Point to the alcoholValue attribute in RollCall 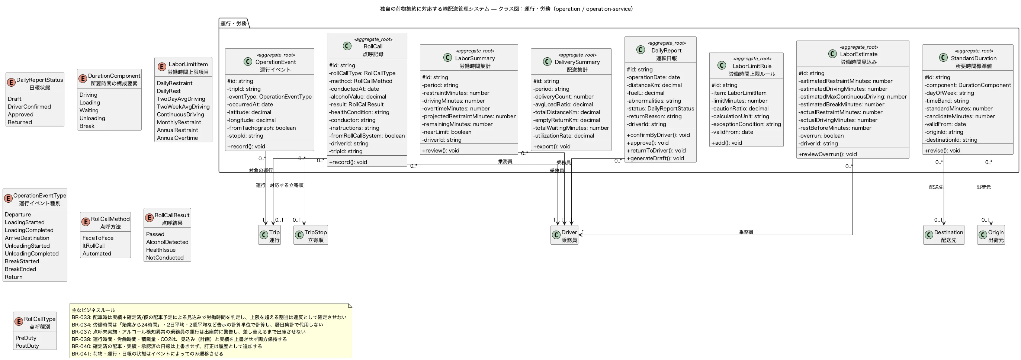357,97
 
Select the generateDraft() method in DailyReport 655,158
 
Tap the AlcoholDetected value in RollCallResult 167,242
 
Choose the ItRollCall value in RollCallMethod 93,246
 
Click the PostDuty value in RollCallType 28,346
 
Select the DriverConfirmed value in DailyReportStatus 29,107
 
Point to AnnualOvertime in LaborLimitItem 177,138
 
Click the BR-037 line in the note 189,332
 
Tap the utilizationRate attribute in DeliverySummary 564,136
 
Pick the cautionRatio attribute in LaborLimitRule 740,109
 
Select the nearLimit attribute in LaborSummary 447,132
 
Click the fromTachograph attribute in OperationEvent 261,128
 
